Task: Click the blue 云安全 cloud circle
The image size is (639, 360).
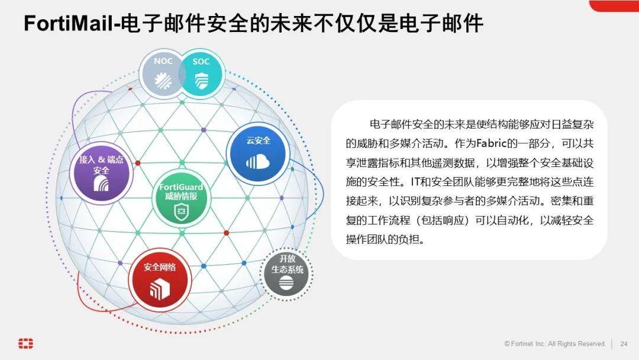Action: pos(259,153)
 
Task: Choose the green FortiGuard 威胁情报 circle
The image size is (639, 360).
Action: pos(181,199)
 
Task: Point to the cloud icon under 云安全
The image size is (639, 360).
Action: pos(258,161)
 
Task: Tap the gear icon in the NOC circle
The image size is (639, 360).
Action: pos(163,82)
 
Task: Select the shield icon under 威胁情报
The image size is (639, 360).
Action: pos(181,211)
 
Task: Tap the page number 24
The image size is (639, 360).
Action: pos(624,344)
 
